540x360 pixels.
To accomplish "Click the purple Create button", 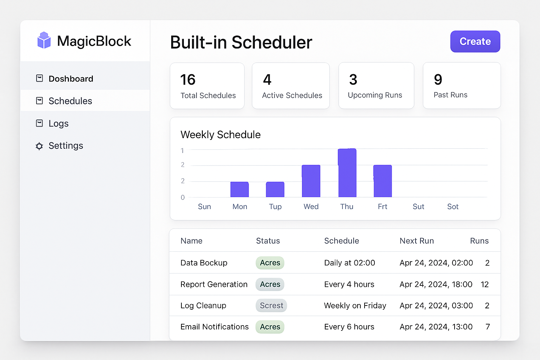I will point(475,41).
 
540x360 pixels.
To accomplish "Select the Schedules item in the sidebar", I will point(70,101).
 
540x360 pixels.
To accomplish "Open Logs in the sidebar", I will point(58,123).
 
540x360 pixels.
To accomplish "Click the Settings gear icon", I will point(39,146).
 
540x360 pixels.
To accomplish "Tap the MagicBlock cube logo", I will point(44,40).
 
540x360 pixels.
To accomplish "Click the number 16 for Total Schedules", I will point(188,80).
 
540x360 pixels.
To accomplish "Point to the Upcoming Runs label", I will point(375,95).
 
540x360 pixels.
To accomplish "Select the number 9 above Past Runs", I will point(438,80).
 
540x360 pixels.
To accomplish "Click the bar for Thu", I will point(347,173).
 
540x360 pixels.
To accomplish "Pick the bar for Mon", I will point(239,189).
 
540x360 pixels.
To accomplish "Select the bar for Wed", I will point(311,181).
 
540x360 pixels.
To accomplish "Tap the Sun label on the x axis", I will point(204,207).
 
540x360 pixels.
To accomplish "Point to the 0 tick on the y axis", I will point(182,198).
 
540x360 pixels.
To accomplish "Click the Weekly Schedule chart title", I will point(220,135).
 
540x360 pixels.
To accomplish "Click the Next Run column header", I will point(417,241).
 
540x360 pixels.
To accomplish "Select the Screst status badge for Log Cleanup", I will point(271,306).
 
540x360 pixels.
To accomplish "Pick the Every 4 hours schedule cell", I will point(349,284).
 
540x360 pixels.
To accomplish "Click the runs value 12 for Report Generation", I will point(484,284).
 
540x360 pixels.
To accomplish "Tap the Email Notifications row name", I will point(214,327).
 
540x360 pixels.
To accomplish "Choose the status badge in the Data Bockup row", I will point(270,263).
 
